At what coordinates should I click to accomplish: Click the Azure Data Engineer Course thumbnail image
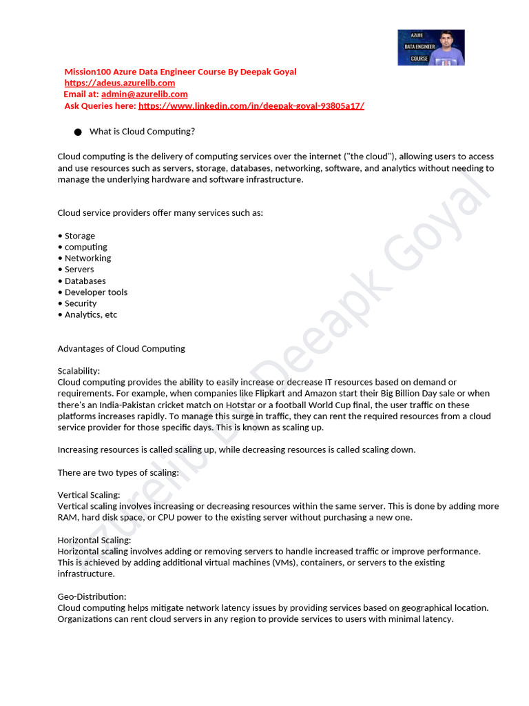pyautogui.click(x=431, y=48)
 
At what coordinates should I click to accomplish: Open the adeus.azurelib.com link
pyautogui.click(x=120, y=83)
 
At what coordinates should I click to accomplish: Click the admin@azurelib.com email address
pyautogui.click(x=145, y=94)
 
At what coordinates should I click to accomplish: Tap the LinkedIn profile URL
pyautogui.click(x=251, y=105)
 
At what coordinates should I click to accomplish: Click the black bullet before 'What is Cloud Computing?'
pyautogui.click(x=77, y=132)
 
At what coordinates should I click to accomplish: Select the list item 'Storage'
pyautogui.click(x=79, y=236)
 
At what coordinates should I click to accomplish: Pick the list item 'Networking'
pyautogui.click(x=87, y=258)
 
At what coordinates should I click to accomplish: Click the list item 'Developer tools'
pyautogui.click(x=96, y=292)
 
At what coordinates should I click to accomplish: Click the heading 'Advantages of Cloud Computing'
pyautogui.click(x=121, y=348)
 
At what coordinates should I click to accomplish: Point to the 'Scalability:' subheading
pyautogui.click(x=79, y=371)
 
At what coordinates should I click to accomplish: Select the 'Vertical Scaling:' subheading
pyautogui.click(x=89, y=495)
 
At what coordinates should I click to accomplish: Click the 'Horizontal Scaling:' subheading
pyautogui.click(x=94, y=540)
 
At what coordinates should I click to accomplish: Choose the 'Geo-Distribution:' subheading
pyautogui.click(x=92, y=596)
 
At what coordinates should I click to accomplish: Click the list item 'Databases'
pyautogui.click(x=85, y=281)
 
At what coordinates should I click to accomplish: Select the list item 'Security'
pyautogui.click(x=81, y=303)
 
